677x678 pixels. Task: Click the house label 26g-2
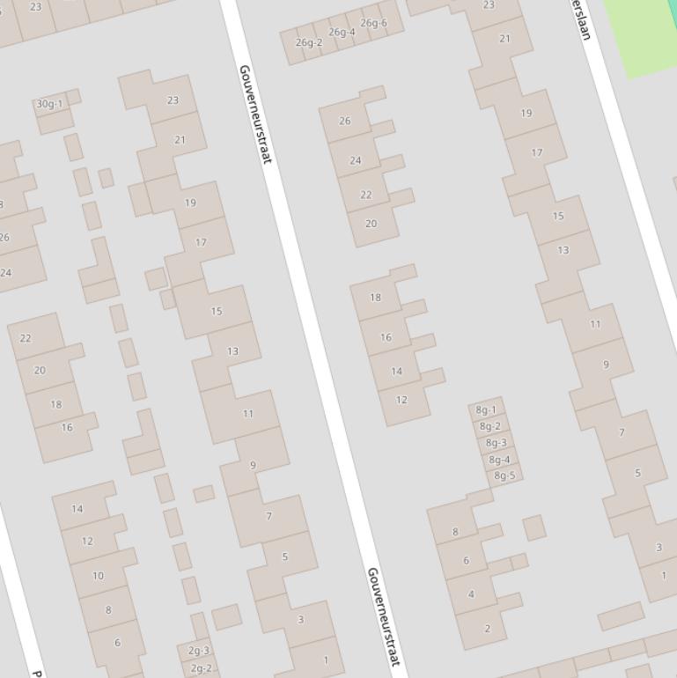coord(308,42)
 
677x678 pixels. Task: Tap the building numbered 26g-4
coord(342,33)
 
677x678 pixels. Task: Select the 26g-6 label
coord(373,23)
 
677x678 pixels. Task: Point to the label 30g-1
coord(49,104)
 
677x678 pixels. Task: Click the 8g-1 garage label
coord(486,409)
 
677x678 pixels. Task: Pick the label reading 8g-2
coord(490,426)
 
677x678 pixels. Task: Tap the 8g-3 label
coord(496,443)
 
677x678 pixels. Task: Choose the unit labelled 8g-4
coord(499,460)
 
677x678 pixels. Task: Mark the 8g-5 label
coord(504,475)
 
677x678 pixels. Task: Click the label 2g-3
coord(199,652)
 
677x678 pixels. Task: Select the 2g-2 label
coord(201,668)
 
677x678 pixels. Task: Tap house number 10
coord(98,576)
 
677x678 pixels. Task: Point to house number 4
coord(471,593)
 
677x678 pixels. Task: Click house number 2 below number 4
coord(487,629)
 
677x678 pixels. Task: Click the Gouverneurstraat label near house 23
coord(254,113)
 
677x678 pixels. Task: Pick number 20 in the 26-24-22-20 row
coord(371,224)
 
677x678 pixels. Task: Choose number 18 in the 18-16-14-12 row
coord(376,297)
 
